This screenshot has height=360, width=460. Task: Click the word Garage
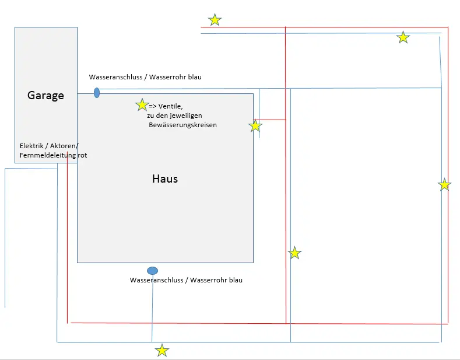pyautogui.click(x=45, y=95)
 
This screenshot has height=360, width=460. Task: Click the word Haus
pyautogui.click(x=165, y=179)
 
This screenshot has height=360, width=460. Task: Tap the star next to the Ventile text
pyautogui.click(x=142, y=105)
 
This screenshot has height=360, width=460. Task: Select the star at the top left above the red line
pyautogui.click(x=215, y=20)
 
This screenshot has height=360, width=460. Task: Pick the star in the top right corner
pyautogui.click(x=403, y=37)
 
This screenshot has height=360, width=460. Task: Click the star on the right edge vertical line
pyautogui.click(x=444, y=185)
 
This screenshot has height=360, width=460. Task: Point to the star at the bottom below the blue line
pyautogui.click(x=162, y=351)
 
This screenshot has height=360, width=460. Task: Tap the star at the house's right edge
pyautogui.click(x=255, y=126)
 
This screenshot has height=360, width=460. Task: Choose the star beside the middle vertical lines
pyautogui.click(x=295, y=253)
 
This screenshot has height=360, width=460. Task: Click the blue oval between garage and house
pyautogui.click(x=97, y=93)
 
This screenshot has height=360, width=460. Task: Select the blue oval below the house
pyautogui.click(x=152, y=271)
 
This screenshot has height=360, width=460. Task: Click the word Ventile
pyautogui.click(x=170, y=106)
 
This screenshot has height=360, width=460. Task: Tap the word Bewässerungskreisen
pyautogui.click(x=182, y=125)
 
